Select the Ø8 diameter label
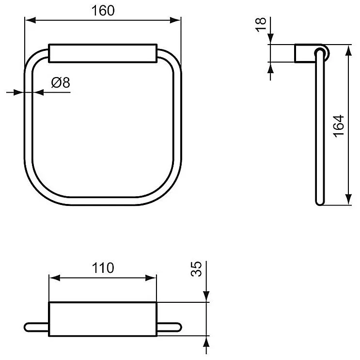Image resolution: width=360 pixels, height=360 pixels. pyautogui.click(x=61, y=82)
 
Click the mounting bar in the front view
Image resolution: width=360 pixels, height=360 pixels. pyautogui.click(x=103, y=53)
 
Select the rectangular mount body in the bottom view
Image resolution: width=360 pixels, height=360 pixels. pyautogui.click(x=103, y=318)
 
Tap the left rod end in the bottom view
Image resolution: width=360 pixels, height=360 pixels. pyautogui.click(x=36, y=326)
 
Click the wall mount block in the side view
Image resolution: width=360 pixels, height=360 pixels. pyautogui.click(x=303, y=53)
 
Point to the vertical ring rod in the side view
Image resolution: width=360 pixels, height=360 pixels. pyautogui.click(x=319, y=126)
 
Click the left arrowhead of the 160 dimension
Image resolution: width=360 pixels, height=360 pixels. pyautogui.click(x=29, y=20)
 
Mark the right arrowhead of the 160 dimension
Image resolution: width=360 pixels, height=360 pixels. pyautogui.click(x=177, y=20)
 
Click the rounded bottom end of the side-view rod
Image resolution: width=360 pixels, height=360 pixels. pyautogui.click(x=319, y=203)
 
